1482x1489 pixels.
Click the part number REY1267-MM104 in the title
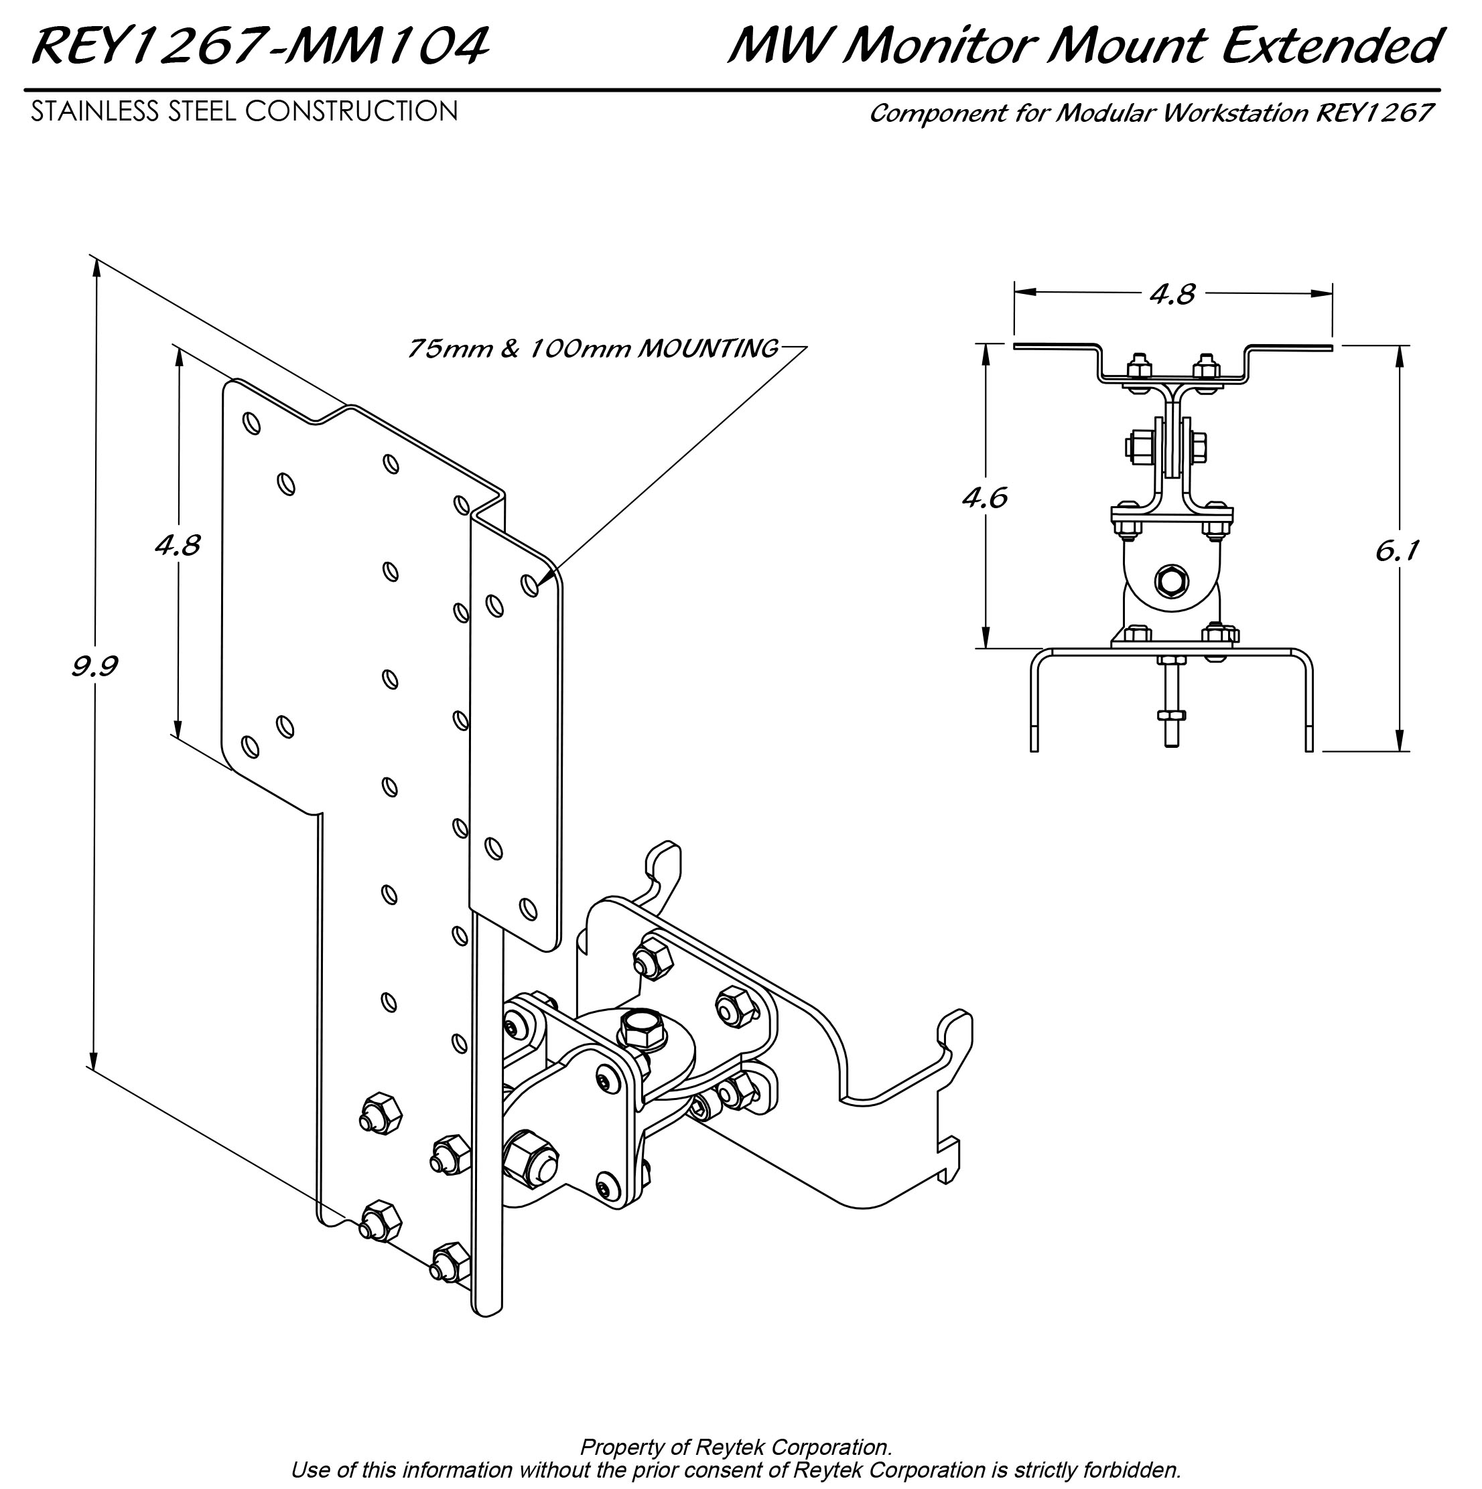click(260, 46)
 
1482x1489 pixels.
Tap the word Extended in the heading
click(1329, 46)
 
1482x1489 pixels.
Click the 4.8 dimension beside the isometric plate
click(178, 546)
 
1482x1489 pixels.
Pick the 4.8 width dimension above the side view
click(1172, 294)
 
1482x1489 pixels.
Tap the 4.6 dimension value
click(985, 498)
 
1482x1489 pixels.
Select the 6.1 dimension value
click(1396, 551)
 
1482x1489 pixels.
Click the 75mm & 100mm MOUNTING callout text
click(592, 348)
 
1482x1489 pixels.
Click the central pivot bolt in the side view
click(1172, 580)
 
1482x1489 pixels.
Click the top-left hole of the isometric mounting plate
click(251, 423)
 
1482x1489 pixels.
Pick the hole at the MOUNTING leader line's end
click(530, 585)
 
